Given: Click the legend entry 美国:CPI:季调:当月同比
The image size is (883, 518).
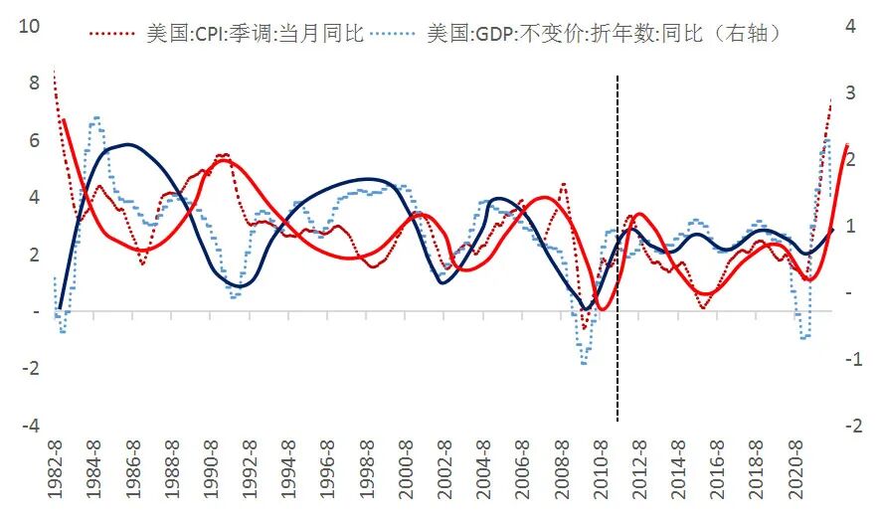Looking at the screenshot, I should [x=254, y=34].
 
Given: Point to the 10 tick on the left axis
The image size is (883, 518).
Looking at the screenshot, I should [x=31, y=26].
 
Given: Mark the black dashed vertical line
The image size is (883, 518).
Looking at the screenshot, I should [x=618, y=249].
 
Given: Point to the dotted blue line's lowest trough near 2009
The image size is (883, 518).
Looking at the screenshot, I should [x=584, y=363].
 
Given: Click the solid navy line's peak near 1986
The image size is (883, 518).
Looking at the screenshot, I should [x=130, y=144].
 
